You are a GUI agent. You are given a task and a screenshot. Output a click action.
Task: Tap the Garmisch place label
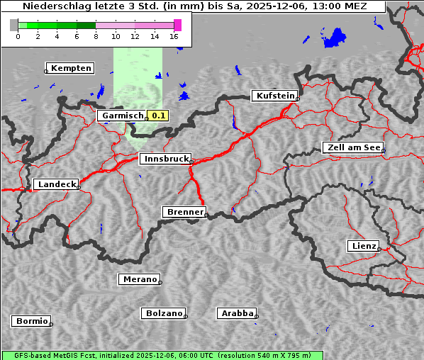123,116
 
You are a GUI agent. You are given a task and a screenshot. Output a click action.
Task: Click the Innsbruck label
165,159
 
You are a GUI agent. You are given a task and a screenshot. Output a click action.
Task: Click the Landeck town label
57,184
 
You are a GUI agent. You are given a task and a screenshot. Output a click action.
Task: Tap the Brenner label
185,212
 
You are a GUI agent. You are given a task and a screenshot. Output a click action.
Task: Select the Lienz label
364,246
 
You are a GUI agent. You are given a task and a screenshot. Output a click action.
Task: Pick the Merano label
140,279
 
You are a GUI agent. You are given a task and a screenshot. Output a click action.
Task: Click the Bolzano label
164,313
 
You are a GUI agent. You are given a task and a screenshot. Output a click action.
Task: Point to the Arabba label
237,313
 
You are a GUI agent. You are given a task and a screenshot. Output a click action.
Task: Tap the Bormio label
32,321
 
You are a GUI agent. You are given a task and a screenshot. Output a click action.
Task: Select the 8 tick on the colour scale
96,36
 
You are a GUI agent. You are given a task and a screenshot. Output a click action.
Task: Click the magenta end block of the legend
177,25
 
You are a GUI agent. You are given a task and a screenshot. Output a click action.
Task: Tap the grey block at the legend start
14,25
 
